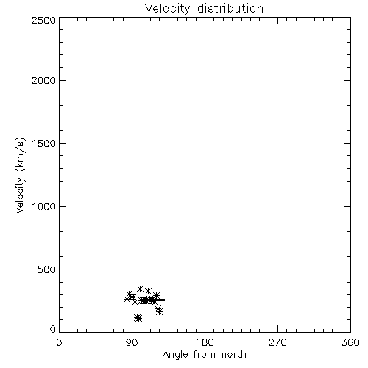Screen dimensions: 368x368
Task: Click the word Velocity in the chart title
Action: pyautogui.click(x=167, y=9)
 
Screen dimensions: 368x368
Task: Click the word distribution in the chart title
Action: pyautogui.click(x=230, y=8)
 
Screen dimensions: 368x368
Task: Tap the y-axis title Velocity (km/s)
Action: pyautogui.click(x=20, y=175)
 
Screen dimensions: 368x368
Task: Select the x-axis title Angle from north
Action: pyautogui.click(x=204, y=355)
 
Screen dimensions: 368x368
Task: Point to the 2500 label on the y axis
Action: pyautogui.click(x=43, y=20)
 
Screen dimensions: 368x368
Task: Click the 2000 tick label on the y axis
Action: pyautogui.click(x=43, y=80)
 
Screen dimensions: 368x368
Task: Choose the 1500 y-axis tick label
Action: pyautogui.click(x=44, y=144)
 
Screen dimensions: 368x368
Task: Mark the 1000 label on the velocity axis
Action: pyautogui.click(x=44, y=206)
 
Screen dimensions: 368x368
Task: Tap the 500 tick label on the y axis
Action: pyautogui.click(x=47, y=269)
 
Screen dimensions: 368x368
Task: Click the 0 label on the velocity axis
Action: pyautogui.click(x=53, y=329)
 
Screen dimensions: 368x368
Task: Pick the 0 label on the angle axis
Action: pyautogui.click(x=59, y=342)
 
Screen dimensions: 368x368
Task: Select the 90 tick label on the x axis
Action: pyautogui.click(x=132, y=342)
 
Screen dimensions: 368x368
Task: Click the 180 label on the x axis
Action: pyautogui.click(x=205, y=342)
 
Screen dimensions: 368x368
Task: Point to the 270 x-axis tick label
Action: pyautogui.click(x=277, y=342)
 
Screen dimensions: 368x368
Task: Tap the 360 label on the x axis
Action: pyautogui.click(x=350, y=342)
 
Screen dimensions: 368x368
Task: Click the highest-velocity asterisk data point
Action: pyautogui.click(x=140, y=289)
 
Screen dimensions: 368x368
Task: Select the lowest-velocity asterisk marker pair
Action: pyautogui.click(x=138, y=318)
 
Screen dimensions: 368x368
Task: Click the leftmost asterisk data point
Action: pyautogui.click(x=127, y=299)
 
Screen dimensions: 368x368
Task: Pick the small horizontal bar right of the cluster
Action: pyautogui.click(x=160, y=300)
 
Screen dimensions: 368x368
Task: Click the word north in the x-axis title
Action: pyautogui.click(x=234, y=355)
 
